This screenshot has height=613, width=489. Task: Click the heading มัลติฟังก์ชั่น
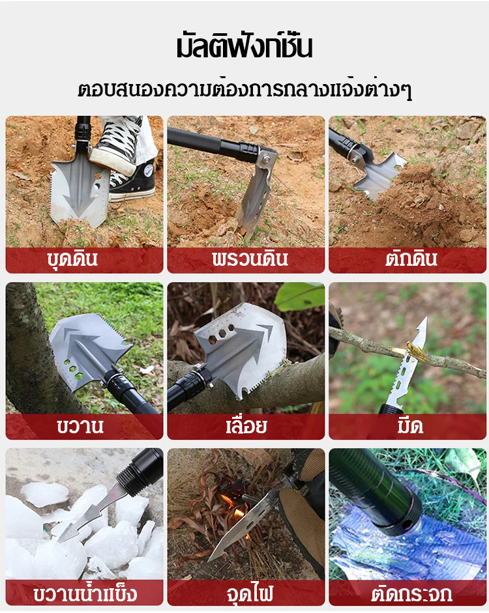(x=244, y=47)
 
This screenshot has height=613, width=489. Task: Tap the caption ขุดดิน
(x=72, y=259)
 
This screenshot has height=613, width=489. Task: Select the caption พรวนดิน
(x=250, y=259)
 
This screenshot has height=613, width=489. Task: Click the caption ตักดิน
(x=411, y=259)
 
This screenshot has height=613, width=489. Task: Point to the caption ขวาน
(x=80, y=426)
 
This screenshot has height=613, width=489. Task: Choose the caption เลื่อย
(x=246, y=425)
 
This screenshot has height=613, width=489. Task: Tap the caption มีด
(x=410, y=425)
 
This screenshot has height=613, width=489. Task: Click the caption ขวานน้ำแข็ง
(x=85, y=593)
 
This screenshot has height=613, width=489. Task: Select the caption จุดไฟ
(x=250, y=593)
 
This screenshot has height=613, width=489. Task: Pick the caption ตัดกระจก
(x=411, y=593)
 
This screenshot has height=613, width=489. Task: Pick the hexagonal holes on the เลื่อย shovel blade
(x=222, y=335)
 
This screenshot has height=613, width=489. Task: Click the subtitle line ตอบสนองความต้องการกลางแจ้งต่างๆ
(x=244, y=89)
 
